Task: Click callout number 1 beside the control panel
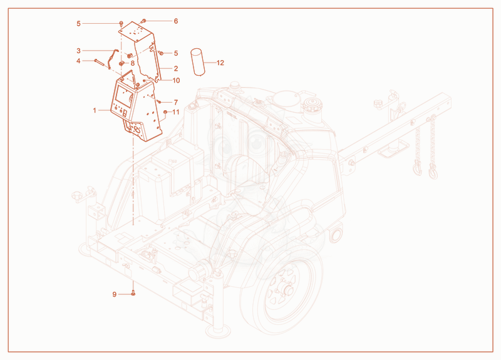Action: (95, 111)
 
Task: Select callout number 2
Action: (176, 69)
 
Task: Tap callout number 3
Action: (79, 51)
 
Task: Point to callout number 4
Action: (79, 61)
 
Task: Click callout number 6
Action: (176, 21)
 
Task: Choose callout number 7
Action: (176, 103)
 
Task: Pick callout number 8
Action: (133, 63)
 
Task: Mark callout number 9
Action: (115, 294)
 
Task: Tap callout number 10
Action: (176, 81)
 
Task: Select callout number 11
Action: (176, 112)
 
